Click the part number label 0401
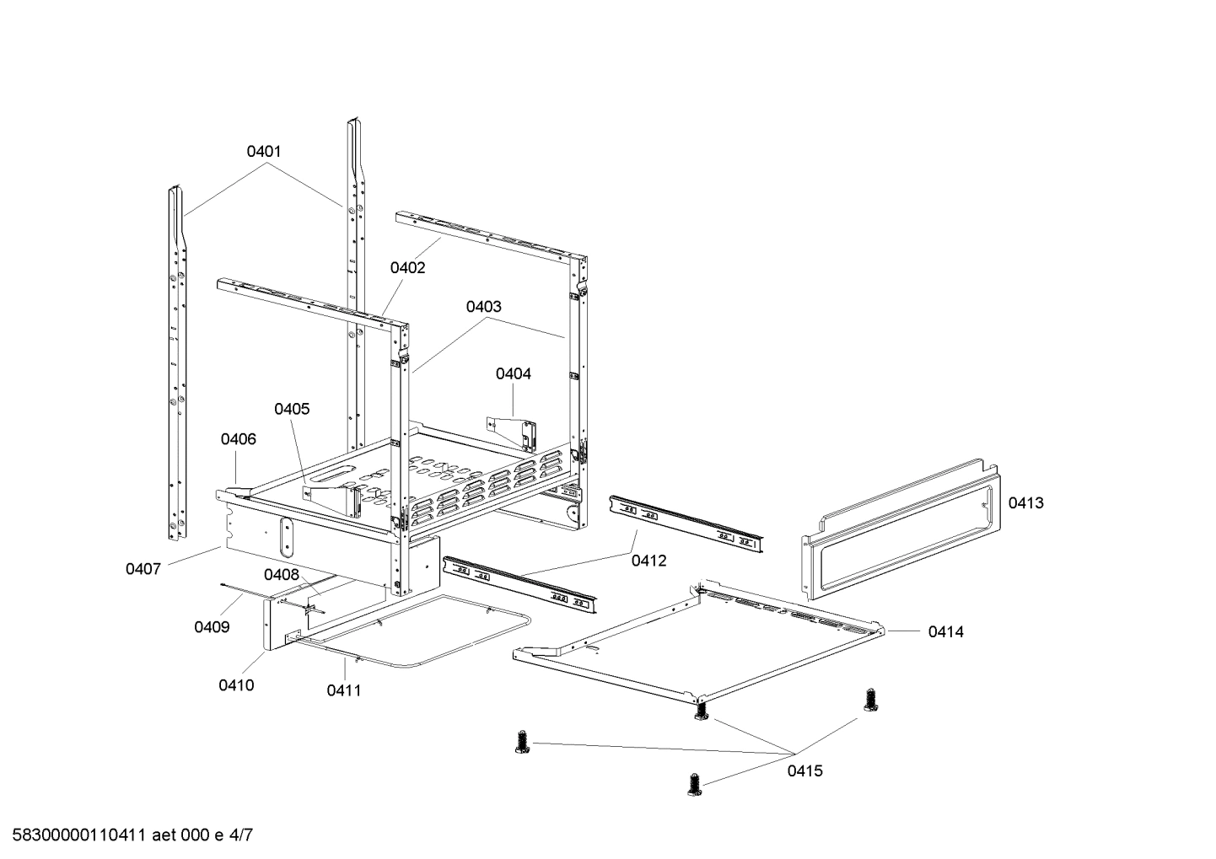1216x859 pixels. click(x=263, y=152)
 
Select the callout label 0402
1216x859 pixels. click(x=407, y=268)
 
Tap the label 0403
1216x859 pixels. click(x=483, y=307)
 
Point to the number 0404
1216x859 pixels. click(x=513, y=373)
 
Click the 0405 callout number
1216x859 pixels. click(x=292, y=409)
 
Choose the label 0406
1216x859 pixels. click(x=239, y=439)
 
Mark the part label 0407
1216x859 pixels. click(x=143, y=569)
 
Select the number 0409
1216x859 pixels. click(x=212, y=627)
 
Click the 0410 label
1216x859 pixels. click(x=236, y=685)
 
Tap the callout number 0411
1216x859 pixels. click(x=344, y=690)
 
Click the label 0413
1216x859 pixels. click(x=1025, y=503)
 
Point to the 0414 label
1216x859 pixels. click(x=945, y=631)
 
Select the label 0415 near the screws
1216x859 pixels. click(x=805, y=770)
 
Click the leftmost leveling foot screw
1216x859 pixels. click(x=521, y=743)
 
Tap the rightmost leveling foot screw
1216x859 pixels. click(x=870, y=699)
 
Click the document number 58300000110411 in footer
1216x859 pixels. click(x=77, y=836)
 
